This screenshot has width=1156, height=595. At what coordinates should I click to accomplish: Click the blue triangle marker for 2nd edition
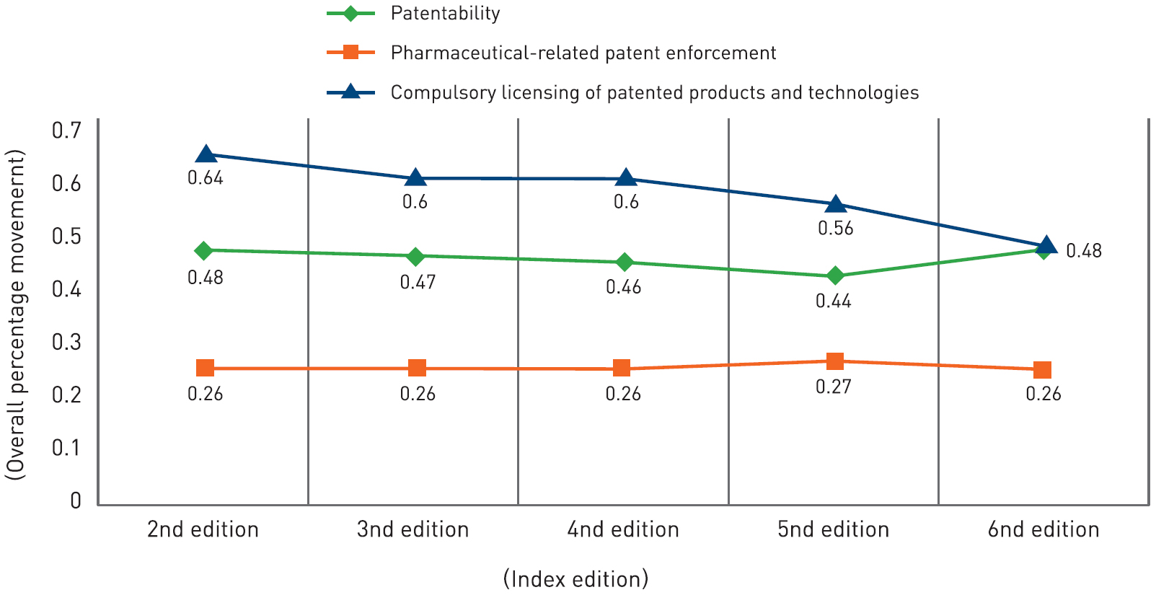click(206, 154)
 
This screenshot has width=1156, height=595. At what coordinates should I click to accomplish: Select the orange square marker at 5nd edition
click(835, 361)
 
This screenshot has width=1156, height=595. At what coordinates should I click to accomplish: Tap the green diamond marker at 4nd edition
click(625, 262)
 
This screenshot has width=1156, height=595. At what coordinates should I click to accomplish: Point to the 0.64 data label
click(206, 178)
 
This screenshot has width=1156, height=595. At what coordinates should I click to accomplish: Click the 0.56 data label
click(835, 229)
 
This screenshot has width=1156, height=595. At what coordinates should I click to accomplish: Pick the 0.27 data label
click(834, 387)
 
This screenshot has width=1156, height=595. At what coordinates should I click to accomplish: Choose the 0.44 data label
click(834, 301)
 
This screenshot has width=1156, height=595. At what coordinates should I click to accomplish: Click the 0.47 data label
click(418, 282)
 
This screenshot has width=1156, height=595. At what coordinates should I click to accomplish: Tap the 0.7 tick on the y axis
click(66, 131)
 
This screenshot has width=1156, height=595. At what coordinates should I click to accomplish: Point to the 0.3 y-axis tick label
click(66, 342)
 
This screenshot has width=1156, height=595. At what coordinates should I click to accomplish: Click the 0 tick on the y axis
click(76, 501)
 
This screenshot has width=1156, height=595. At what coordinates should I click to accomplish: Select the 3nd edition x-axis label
click(413, 529)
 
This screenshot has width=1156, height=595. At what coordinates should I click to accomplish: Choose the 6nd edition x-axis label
click(1044, 529)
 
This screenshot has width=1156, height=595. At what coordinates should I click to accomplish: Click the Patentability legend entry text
click(445, 13)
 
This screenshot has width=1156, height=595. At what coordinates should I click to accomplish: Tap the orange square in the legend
click(350, 52)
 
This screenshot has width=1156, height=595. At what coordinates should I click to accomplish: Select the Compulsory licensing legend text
click(655, 92)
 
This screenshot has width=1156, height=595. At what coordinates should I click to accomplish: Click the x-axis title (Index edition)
click(575, 578)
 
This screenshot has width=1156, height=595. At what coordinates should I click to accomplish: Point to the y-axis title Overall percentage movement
click(15, 314)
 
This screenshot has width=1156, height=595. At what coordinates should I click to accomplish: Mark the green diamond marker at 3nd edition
click(415, 256)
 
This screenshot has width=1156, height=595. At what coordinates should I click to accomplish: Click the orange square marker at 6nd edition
click(1042, 370)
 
